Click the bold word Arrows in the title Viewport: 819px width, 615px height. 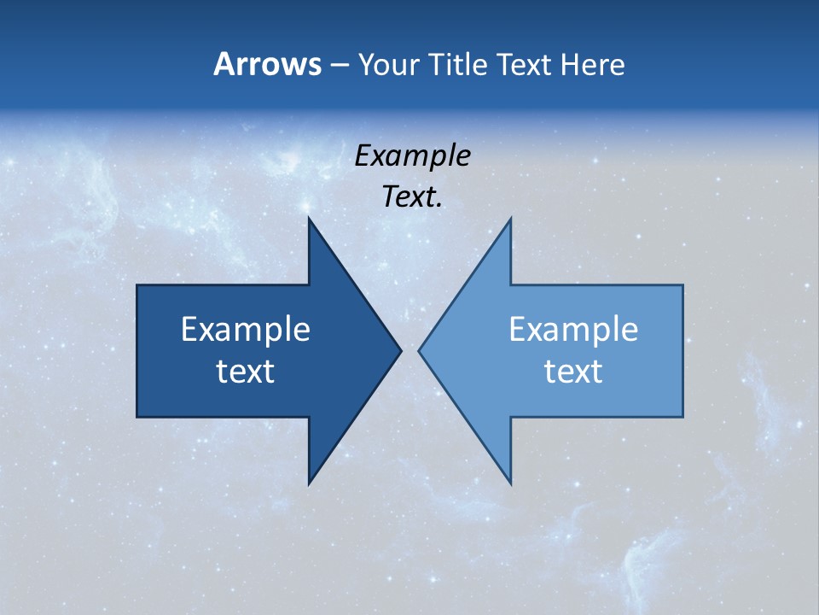tap(267, 65)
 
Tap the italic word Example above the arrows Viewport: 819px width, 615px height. tap(412, 156)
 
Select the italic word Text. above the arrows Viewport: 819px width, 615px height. tap(412, 197)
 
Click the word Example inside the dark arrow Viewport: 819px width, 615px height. tap(246, 330)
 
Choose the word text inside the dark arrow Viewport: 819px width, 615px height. tap(246, 372)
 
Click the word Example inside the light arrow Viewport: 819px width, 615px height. tap(573, 330)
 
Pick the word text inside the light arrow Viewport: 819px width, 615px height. tap(573, 372)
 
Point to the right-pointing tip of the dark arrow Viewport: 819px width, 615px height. tap(401, 350)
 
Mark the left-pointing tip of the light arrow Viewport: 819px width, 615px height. tap(419, 350)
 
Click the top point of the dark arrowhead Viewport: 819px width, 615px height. tap(309, 218)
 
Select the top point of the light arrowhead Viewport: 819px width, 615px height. tap(510, 218)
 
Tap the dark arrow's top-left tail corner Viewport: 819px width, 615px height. tap(137, 285)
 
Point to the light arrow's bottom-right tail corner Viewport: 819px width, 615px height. tap(682, 416)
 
